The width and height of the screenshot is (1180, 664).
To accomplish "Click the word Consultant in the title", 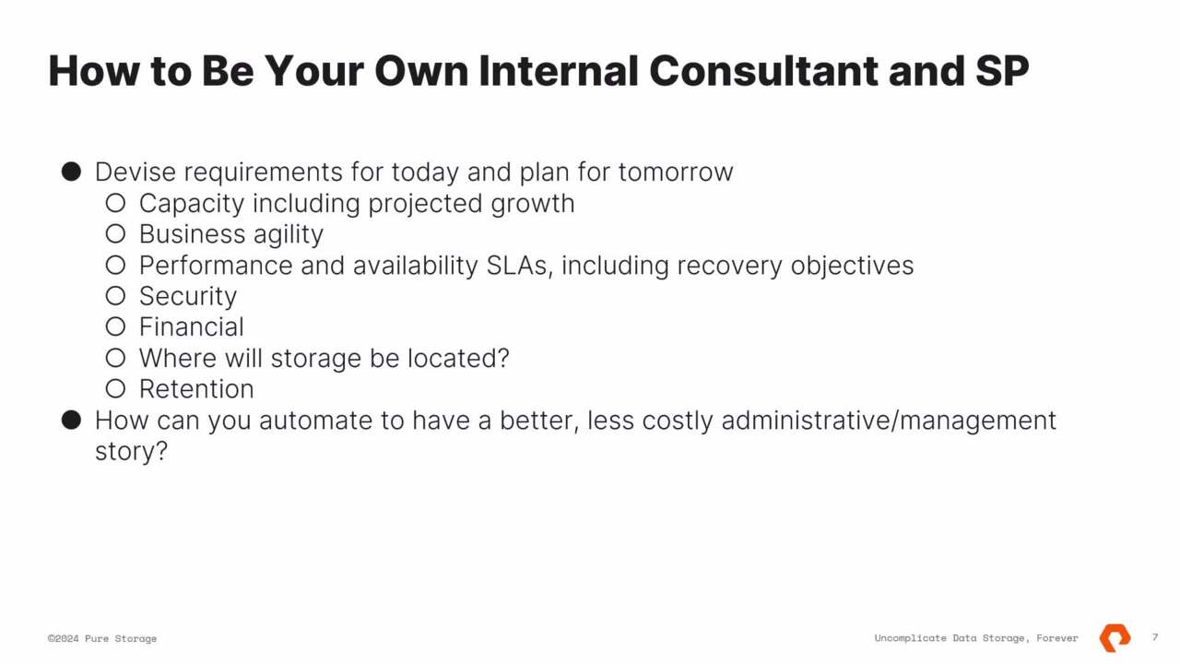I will click(x=763, y=71).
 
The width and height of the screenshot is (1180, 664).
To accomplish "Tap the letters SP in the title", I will click(x=1002, y=71).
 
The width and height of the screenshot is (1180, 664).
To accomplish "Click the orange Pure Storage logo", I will click(x=1115, y=637).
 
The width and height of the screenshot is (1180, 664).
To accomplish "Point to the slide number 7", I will click(x=1155, y=637).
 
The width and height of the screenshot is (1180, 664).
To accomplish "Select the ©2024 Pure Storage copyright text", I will click(x=102, y=638).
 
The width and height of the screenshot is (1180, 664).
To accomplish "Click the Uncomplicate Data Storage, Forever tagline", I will click(x=975, y=638).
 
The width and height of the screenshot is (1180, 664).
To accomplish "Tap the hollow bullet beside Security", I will click(x=115, y=296).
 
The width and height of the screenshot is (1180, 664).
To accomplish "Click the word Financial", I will click(x=191, y=327).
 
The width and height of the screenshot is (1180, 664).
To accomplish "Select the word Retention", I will click(x=196, y=389).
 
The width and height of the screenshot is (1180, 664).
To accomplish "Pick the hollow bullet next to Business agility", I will click(x=115, y=234).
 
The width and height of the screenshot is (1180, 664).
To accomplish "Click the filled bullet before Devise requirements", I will click(x=71, y=172).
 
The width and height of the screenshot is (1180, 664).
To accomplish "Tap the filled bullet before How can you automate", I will click(x=71, y=421).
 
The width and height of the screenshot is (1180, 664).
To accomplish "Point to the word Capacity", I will click(x=192, y=204).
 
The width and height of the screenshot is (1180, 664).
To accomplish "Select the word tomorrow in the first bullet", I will click(x=675, y=172).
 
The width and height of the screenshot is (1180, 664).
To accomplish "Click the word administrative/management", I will click(x=888, y=421).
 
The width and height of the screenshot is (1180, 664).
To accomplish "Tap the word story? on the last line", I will click(x=131, y=452).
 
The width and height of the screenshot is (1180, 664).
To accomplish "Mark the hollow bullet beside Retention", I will click(x=115, y=389).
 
